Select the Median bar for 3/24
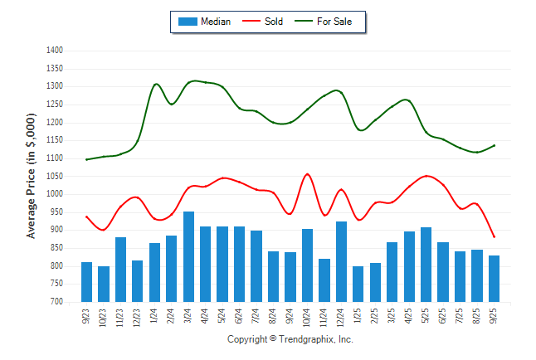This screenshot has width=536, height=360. tap(188, 257)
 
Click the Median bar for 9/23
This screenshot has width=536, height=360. tap(86, 282)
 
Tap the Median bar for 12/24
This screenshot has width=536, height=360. tap(341, 262)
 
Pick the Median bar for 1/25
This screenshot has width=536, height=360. tap(358, 284)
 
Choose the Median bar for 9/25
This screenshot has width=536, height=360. tap(495, 279)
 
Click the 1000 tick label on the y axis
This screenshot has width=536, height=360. tap(56, 194)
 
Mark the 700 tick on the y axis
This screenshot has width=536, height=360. tap(57, 302)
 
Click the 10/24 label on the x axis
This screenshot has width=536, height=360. tap(308, 316)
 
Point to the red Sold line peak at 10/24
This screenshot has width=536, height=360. tap(307, 174)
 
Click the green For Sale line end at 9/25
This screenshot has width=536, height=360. tap(495, 145)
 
